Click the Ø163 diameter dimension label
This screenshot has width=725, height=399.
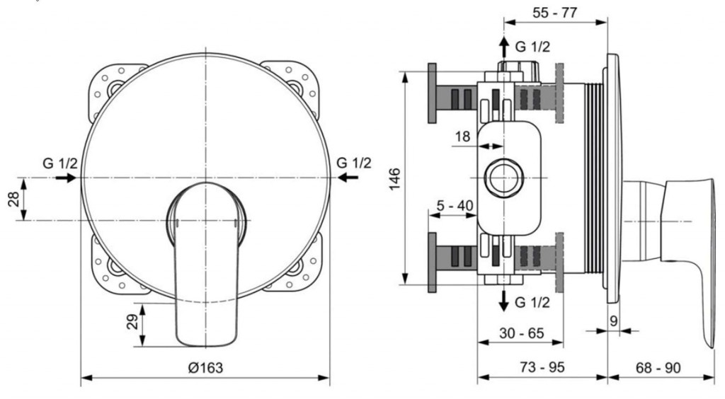(206, 368)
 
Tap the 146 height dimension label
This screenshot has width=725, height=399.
(394, 179)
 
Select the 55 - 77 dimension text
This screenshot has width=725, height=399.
(555, 13)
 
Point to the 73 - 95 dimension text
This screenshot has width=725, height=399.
(542, 367)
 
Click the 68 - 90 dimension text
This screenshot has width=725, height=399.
(658, 368)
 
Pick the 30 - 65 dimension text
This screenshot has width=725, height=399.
(522, 333)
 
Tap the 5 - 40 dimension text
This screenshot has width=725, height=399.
(455, 205)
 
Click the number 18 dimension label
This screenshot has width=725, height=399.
(462, 137)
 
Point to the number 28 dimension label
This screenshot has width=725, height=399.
(15, 199)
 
